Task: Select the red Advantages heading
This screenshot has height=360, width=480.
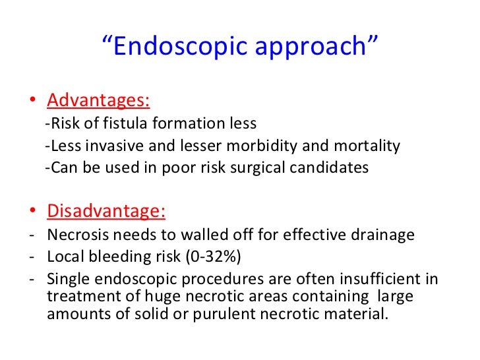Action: [x=98, y=101]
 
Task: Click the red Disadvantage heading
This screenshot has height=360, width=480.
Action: [x=106, y=212]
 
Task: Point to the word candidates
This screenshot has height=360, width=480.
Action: [x=326, y=167]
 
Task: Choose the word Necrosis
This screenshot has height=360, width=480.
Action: [x=75, y=235]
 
